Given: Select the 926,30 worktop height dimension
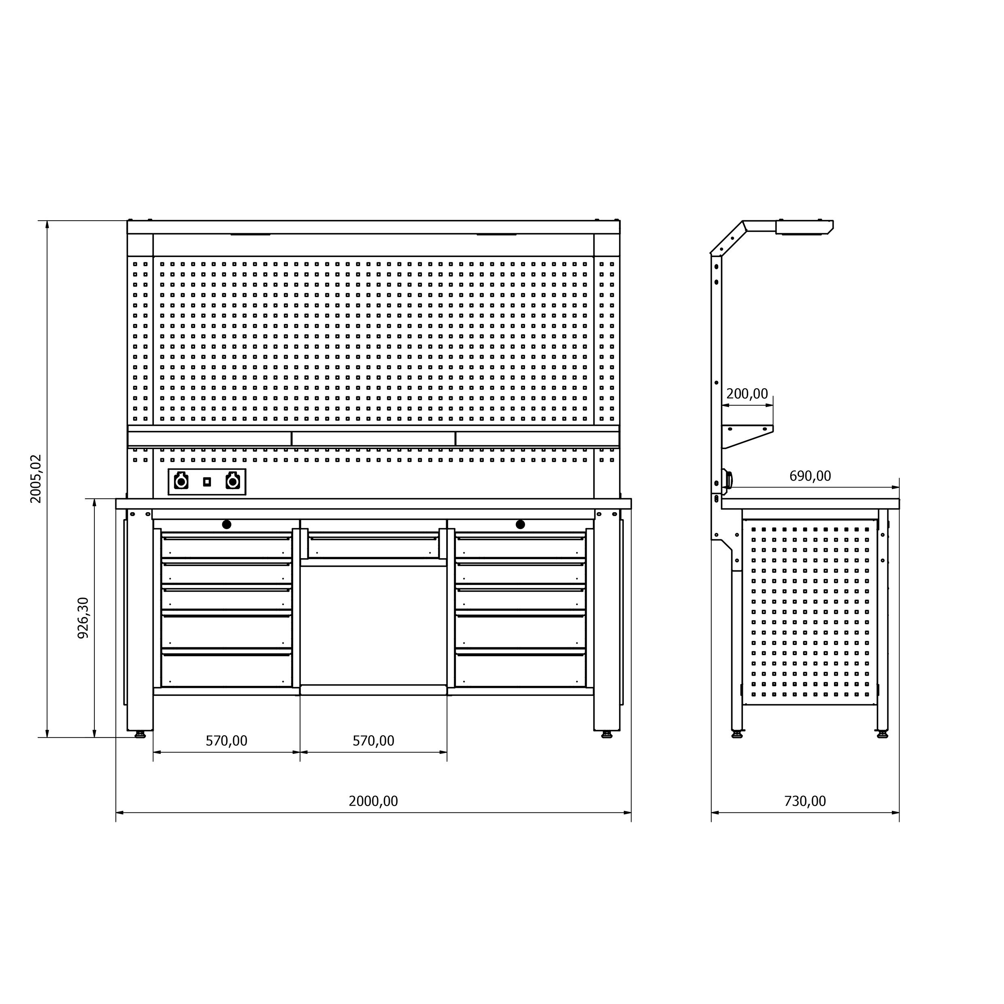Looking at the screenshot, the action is click(x=83, y=618).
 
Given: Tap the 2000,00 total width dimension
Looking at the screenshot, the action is click(x=373, y=801).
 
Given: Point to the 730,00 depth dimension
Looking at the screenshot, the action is click(x=805, y=801).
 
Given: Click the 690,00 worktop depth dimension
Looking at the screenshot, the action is click(x=810, y=476).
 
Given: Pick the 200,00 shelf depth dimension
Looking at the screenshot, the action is click(x=747, y=394).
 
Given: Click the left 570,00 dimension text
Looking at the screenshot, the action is click(x=227, y=740).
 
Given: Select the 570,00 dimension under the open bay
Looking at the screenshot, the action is click(x=374, y=740).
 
